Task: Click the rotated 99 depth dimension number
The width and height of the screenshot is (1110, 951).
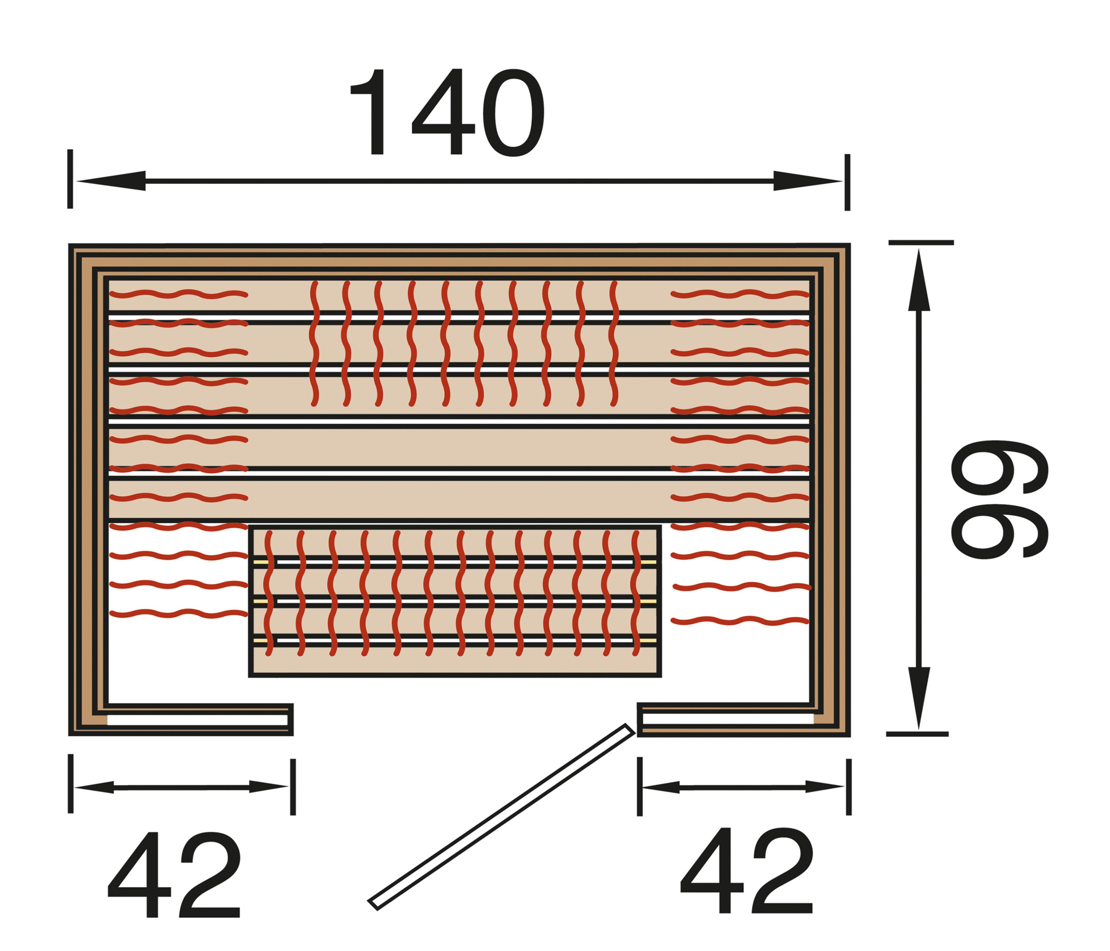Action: tap(1000, 499)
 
